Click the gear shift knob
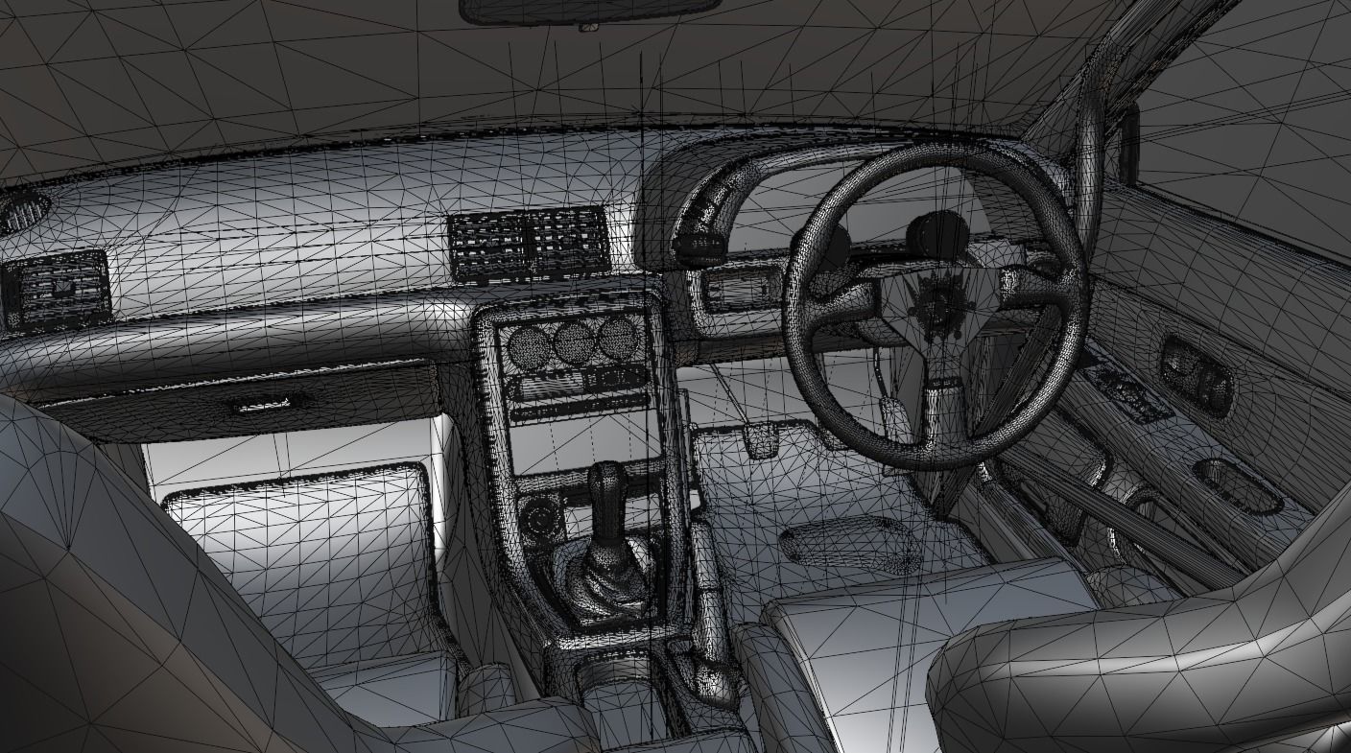pos(608,480)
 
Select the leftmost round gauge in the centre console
pos(526,344)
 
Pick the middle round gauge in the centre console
pos(573,341)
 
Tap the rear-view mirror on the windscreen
pos(590,11)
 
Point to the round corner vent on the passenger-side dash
pos(21,210)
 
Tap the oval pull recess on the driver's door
pos(1239,483)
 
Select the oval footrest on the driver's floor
pos(848,543)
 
